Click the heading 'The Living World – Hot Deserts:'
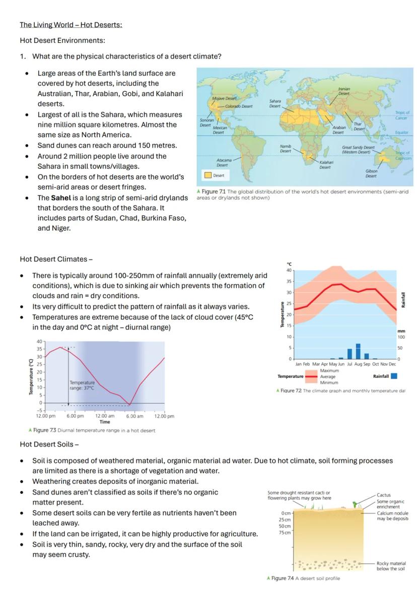(71, 25)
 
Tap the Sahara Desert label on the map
(275, 103)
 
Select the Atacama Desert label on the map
(222, 162)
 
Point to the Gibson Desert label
(371, 173)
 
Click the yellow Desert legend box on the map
(207, 175)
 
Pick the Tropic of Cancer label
(401, 115)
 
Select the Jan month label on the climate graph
(299, 364)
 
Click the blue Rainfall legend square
(394, 376)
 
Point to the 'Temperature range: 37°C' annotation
(82, 385)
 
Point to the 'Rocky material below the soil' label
(391, 566)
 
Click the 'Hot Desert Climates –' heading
(56, 259)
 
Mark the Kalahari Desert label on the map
(325, 165)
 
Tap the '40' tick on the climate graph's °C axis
(289, 271)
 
